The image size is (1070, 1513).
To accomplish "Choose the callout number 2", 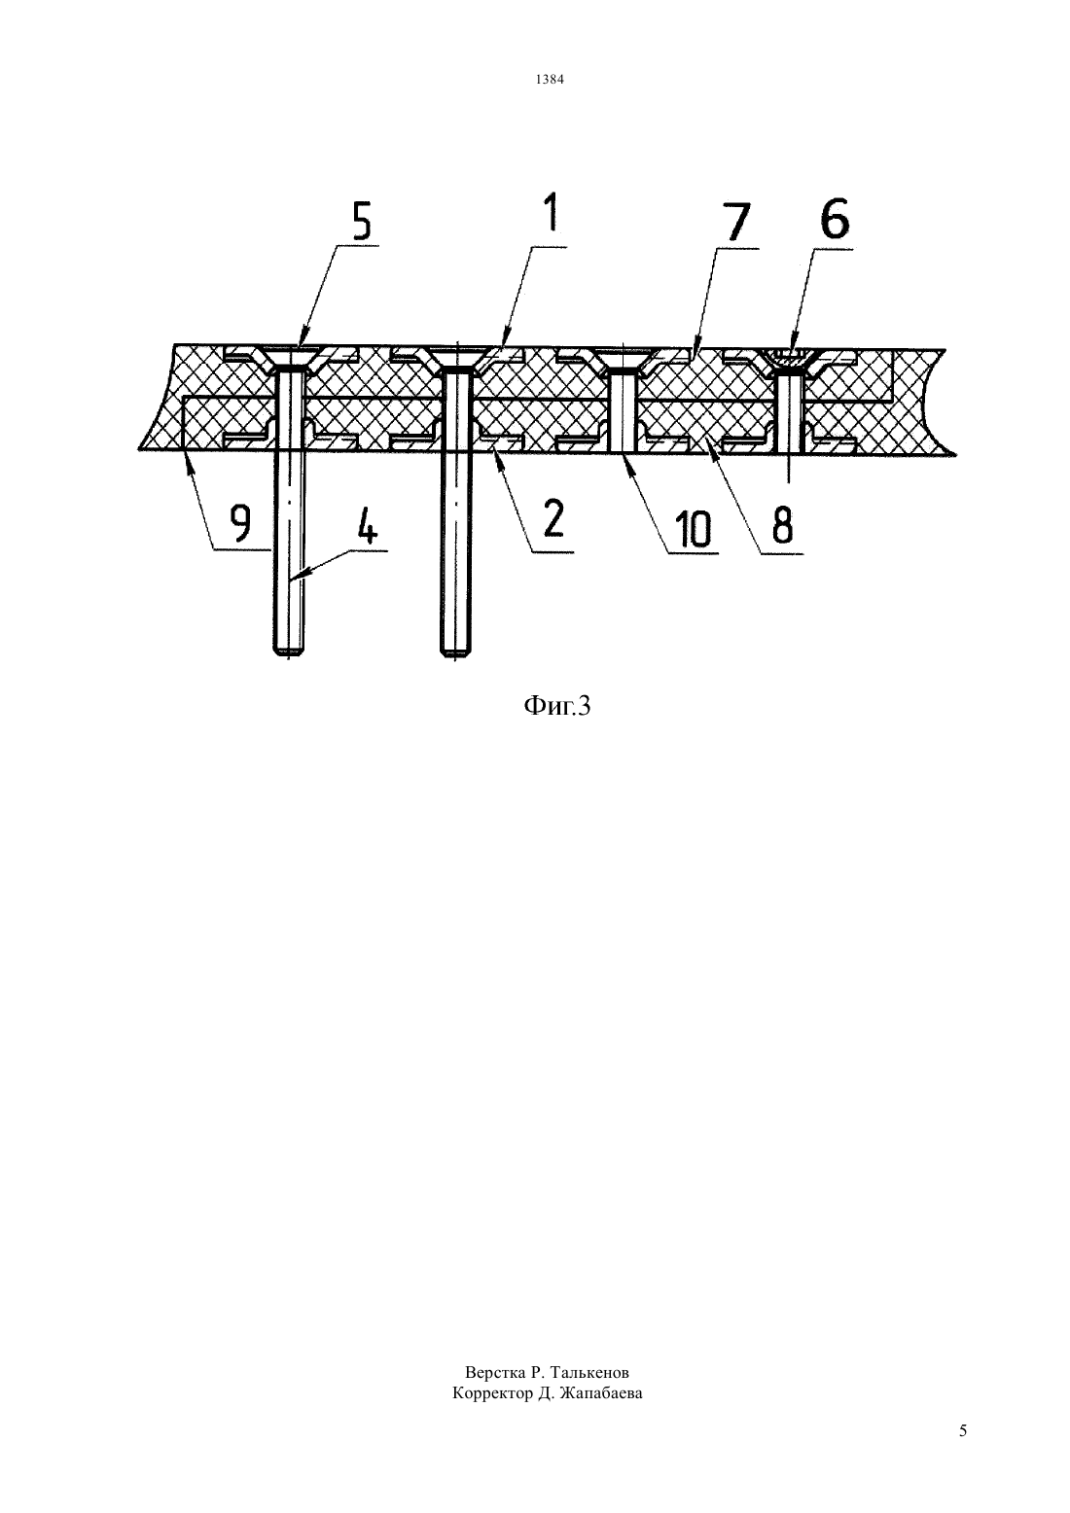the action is pos(553,518).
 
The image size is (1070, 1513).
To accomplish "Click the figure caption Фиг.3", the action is pos(557,706).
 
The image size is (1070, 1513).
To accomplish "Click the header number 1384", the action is pos(550,80).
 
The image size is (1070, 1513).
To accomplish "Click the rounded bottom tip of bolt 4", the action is pos(289,652).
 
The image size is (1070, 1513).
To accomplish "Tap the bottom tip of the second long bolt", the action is pos(456,652).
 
